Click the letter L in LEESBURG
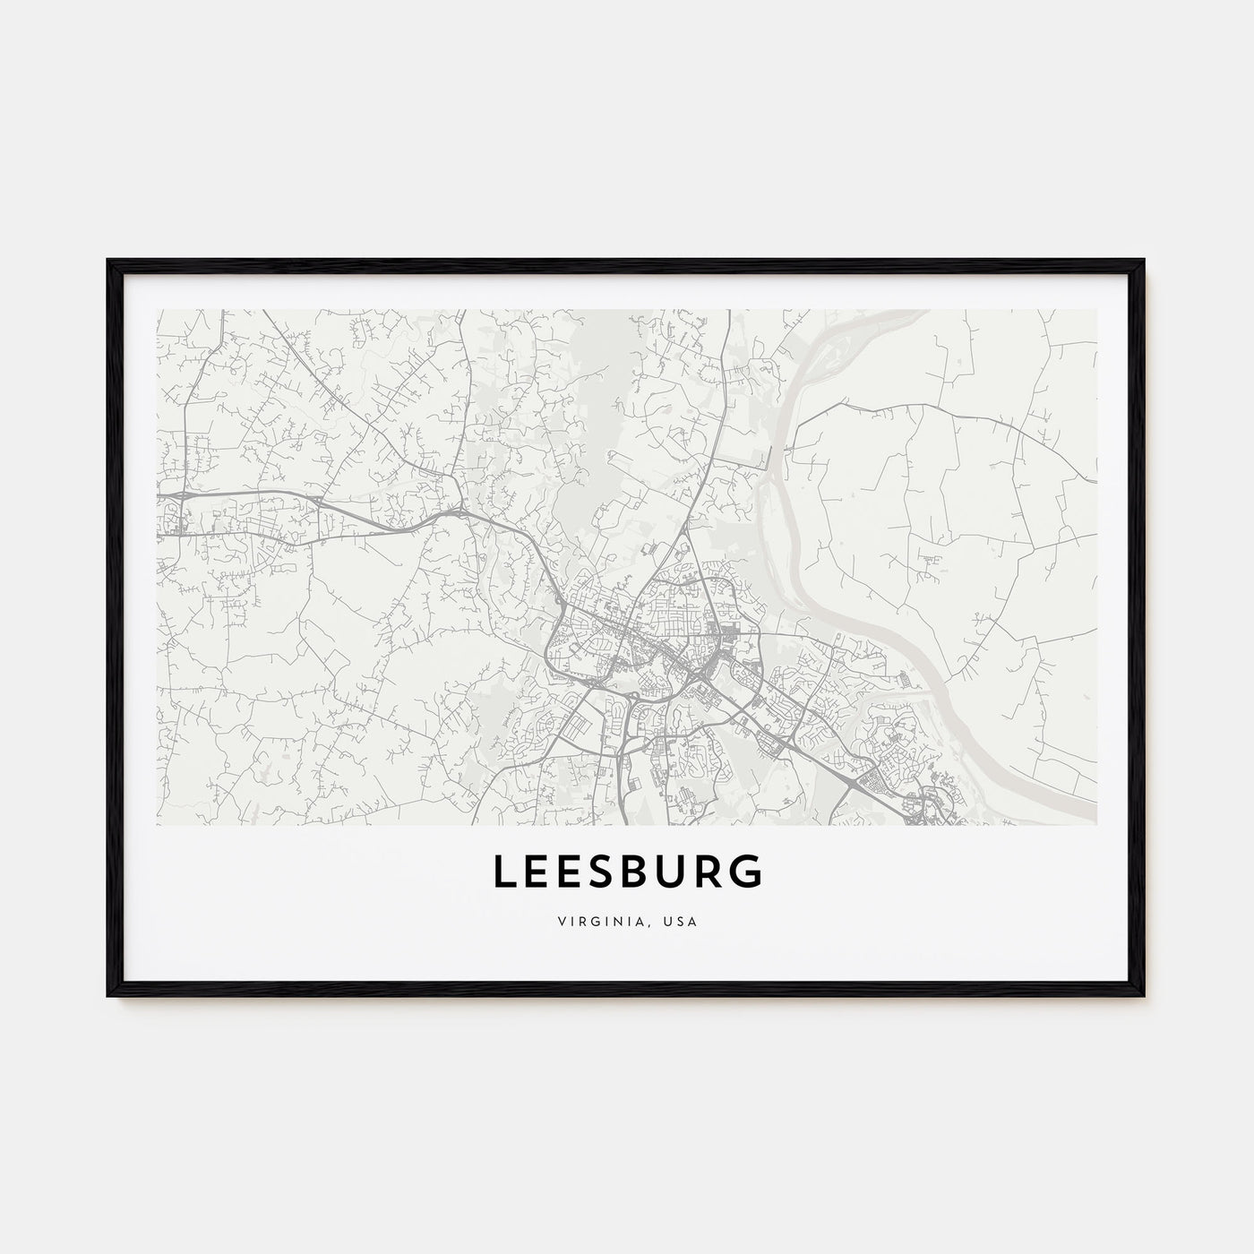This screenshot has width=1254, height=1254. point(502,873)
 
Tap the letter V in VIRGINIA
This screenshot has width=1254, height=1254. point(560,920)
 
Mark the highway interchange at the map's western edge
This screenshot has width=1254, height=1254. point(182,495)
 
